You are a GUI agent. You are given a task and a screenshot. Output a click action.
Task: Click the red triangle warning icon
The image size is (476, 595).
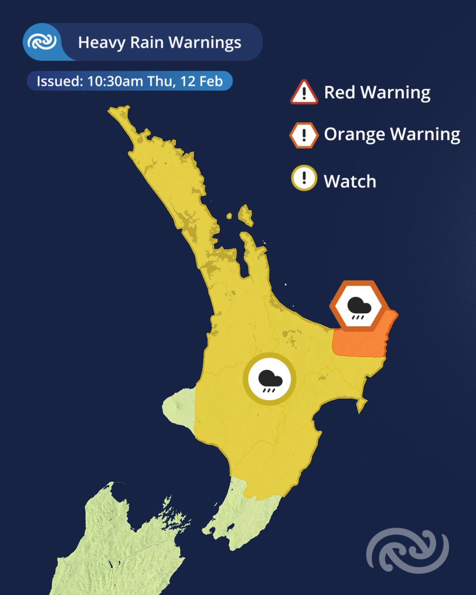coord(304,93)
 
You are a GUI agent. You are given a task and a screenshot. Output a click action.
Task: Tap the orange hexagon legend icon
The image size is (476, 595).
coord(304,135)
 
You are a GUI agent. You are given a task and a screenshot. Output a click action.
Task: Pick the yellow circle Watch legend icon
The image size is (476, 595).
coord(304,178)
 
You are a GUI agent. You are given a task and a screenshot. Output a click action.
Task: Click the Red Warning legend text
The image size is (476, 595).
coord(377,93)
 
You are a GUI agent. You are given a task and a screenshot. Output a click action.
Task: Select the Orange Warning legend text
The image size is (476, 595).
coord(392,134)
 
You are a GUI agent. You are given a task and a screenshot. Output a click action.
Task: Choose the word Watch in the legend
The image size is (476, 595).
coord(350,181)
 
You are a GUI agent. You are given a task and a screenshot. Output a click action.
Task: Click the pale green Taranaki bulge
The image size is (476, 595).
coord(178,407)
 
